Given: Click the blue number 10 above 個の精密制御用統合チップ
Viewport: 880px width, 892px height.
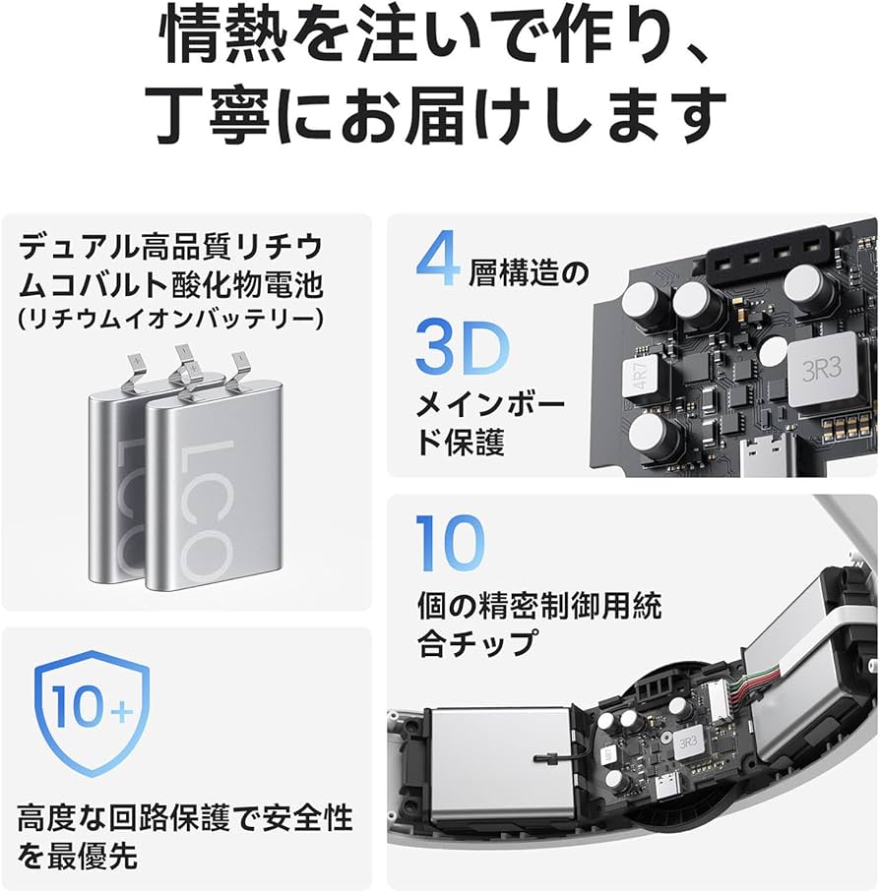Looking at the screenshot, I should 450,542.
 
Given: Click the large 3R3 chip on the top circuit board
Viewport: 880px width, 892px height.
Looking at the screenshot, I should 822,372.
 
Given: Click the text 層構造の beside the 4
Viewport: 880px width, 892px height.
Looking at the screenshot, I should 532,270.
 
